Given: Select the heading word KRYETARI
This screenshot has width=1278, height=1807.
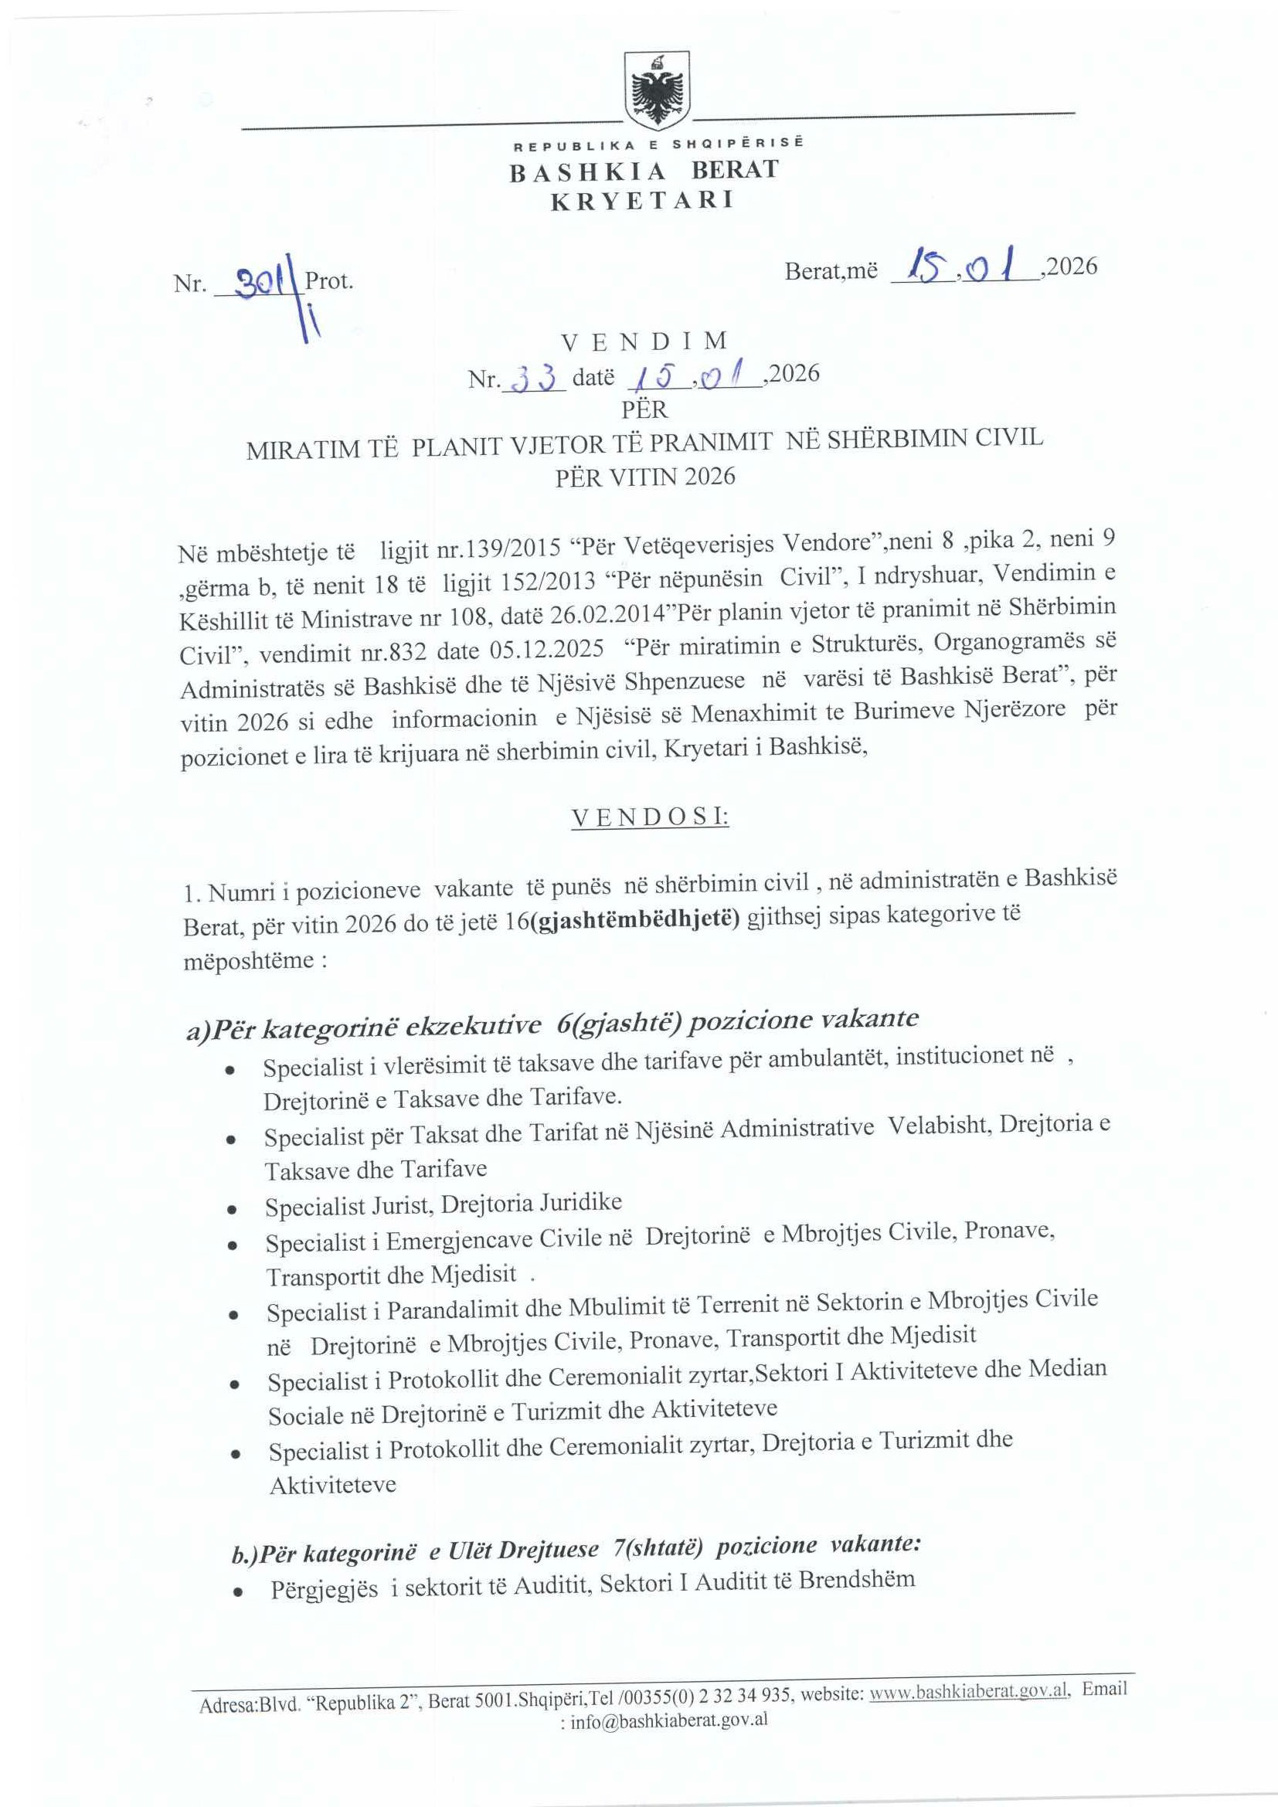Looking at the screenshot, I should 641,201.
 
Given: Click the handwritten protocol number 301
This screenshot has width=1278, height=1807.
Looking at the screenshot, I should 257,280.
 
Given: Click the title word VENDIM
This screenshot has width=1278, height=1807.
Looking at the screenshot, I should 644,341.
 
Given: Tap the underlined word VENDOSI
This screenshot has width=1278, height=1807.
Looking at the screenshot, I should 649,817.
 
